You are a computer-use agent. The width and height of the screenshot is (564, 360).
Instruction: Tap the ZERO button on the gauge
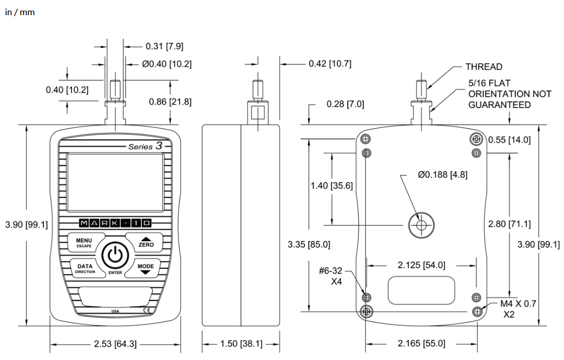tap(145, 242)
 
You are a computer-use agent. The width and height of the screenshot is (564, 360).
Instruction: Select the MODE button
tap(146, 268)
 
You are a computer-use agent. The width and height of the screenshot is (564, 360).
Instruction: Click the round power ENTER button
tap(115, 255)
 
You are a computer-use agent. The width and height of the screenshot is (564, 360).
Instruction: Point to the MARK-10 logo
tap(115, 223)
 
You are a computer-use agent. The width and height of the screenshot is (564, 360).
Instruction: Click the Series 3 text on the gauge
tap(145, 146)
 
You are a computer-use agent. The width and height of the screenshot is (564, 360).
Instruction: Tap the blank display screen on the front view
tap(115, 182)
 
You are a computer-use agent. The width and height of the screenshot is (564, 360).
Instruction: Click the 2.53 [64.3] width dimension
tap(115, 344)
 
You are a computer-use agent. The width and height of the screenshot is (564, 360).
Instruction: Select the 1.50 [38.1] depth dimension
tap(241, 344)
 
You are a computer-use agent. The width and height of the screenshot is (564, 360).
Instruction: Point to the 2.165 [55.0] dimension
tap(421, 343)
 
